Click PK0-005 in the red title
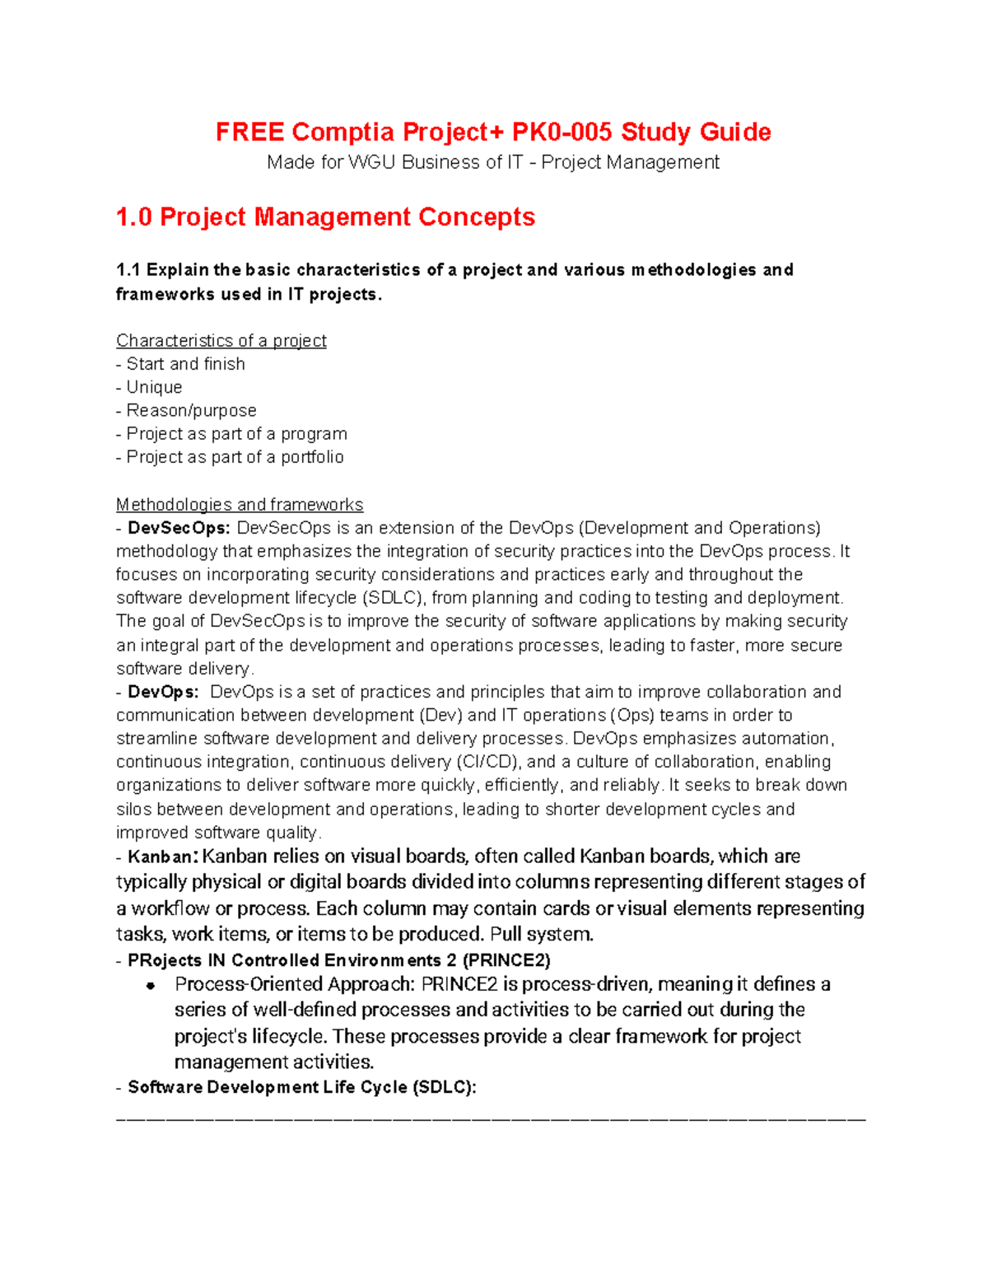[x=562, y=132]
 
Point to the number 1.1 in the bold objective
[x=128, y=270]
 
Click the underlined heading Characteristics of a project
[x=221, y=340]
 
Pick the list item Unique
[x=154, y=387]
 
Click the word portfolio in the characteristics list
[x=312, y=457]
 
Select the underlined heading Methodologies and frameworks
[x=239, y=504]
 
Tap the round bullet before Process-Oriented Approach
[x=151, y=986]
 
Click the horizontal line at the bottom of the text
[x=491, y=1119]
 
